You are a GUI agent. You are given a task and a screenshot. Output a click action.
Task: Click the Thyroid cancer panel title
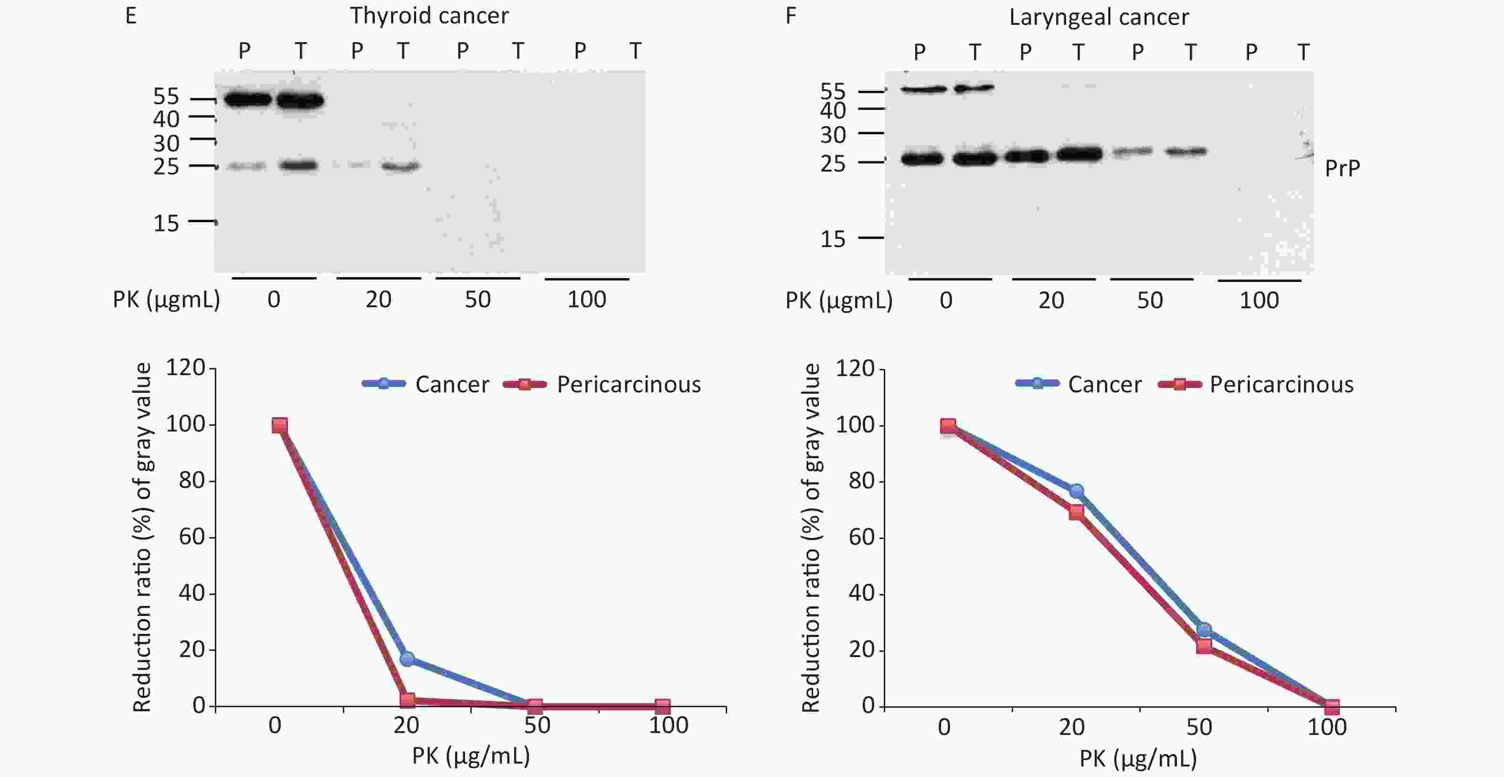point(429,16)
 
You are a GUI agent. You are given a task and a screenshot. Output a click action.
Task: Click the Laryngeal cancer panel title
point(1099,17)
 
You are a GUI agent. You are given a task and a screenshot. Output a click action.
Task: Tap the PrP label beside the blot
point(1342,168)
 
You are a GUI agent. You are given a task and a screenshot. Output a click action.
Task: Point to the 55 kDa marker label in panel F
point(833,92)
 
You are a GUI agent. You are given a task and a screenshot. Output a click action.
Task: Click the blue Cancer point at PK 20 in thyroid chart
point(408,659)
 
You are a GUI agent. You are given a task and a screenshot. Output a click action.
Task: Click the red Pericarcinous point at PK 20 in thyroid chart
point(408,700)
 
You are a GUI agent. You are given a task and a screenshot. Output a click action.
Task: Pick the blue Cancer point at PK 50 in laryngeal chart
point(1204,630)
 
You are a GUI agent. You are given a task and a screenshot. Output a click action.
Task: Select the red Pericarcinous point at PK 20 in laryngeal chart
point(1077,512)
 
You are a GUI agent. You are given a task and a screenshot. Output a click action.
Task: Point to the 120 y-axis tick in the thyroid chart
point(185,368)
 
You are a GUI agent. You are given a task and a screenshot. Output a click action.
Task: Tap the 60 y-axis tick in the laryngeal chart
point(861,538)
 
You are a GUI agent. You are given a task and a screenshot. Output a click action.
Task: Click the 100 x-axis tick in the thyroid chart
point(668,725)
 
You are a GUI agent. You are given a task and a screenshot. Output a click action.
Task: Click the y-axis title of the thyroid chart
point(142,538)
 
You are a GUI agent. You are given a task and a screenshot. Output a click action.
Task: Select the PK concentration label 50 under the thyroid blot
point(477,300)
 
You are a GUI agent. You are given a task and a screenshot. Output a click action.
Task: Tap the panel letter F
point(791,16)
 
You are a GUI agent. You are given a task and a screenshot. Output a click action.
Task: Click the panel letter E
point(131,16)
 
